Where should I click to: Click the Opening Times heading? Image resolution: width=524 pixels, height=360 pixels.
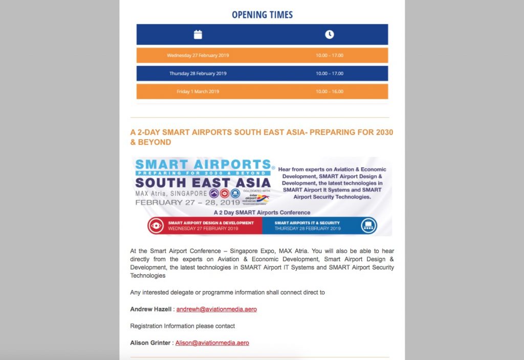point(262,14)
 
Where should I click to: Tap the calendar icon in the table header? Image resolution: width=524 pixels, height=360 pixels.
point(198,34)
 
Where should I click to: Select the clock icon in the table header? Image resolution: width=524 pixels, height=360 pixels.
point(329,34)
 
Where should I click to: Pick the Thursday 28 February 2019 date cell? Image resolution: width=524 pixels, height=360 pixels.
point(198,74)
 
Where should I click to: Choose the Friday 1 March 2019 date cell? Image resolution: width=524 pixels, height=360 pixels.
point(198,92)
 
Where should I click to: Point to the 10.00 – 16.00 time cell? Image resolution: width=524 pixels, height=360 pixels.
point(329,92)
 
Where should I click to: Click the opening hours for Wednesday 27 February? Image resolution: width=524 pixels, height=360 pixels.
point(329,55)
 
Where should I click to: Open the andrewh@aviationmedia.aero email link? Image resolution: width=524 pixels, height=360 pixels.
point(216,309)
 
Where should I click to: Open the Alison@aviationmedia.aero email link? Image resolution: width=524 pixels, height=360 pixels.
point(212,343)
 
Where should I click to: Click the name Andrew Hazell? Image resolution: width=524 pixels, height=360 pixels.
point(151,309)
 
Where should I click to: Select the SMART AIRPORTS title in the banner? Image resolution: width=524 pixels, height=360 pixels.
point(203,165)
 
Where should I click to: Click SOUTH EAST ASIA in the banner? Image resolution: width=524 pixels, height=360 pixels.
point(203,183)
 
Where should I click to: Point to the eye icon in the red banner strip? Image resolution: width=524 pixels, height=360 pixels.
point(156,226)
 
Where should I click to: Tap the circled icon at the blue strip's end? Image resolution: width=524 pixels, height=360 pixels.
point(368,226)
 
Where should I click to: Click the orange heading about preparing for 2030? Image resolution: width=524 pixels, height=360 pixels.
point(261,137)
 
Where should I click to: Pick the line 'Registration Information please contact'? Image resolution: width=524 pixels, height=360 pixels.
point(182,326)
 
